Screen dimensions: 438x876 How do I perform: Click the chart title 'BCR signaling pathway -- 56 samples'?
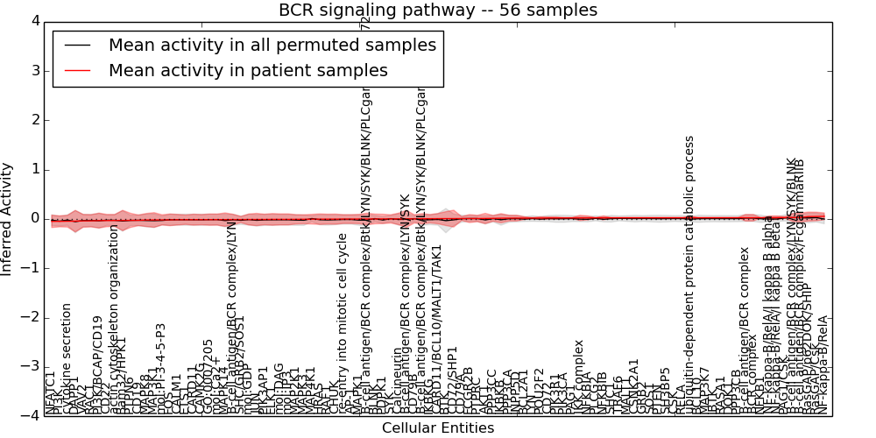tap(438, 11)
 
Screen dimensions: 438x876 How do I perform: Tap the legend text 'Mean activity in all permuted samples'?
tap(271, 46)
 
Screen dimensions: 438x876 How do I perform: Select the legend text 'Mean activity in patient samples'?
tap(248, 71)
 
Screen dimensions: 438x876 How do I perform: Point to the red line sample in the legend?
tap(77, 71)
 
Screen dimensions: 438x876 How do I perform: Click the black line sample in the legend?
tap(77, 46)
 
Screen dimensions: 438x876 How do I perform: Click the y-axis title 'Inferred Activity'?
tap(8, 219)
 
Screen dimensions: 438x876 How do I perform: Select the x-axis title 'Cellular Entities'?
tap(438, 428)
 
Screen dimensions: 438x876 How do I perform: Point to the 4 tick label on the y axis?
tap(34, 21)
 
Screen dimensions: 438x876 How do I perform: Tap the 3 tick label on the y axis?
tap(34, 70)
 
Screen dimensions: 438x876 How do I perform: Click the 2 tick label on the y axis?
tap(34, 120)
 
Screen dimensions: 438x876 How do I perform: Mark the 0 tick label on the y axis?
tap(34, 218)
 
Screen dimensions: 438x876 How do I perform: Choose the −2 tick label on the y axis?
tap(31, 317)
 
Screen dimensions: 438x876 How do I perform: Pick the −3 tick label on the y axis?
tap(31, 366)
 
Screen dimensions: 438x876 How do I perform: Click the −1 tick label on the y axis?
tap(31, 268)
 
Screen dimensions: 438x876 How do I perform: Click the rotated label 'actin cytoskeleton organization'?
tap(114, 319)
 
